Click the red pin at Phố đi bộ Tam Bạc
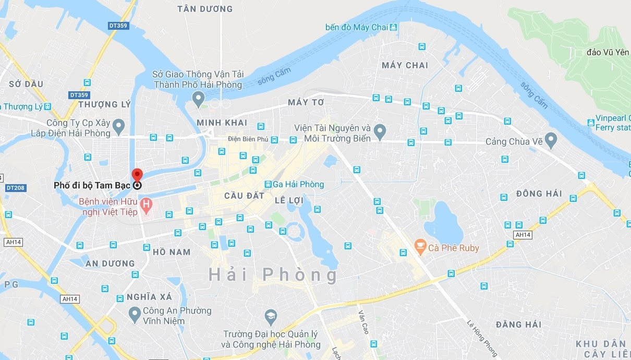click(x=137, y=176)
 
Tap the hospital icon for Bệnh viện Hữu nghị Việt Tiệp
click(x=147, y=205)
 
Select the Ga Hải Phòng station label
click(x=295, y=184)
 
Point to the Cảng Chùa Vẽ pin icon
click(x=551, y=139)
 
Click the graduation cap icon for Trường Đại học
click(x=270, y=316)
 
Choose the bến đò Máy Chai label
click(x=357, y=27)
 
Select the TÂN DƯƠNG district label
click(x=204, y=9)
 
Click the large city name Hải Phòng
click(x=273, y=274)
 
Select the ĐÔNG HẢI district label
click(x=539, y=194)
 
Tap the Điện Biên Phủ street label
click(x=248, y=139)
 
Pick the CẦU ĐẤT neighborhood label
click(x=241, y=196)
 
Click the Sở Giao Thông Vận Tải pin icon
click(x=198, y=97)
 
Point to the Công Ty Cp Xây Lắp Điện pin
click(x=119, y=125)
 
